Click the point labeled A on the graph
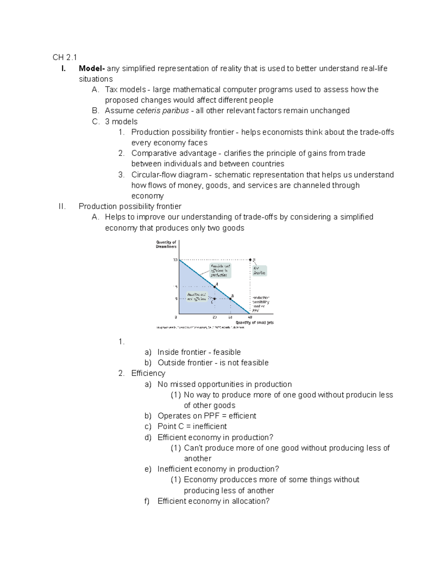pos(215,287)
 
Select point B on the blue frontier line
pos(231,299)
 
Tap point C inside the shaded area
pos(215,299)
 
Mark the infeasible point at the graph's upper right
pos(250,259)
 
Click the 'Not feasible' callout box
pos(259,271)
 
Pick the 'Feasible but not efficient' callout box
pos(197,297)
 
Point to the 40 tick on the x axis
pos(250,317)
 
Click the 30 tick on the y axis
pos(175,260)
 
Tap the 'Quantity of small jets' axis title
pos(254,322)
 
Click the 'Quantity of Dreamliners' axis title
pos(166,244)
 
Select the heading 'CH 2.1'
pos(64,57)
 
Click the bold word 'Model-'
pos(92,69)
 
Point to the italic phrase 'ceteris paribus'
pos(162,111)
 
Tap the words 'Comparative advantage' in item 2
pos(174,153)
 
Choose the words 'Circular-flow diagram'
pos(169,175)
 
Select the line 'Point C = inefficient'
pos(192,427)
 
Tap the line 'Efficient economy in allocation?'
pos(213,501)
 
